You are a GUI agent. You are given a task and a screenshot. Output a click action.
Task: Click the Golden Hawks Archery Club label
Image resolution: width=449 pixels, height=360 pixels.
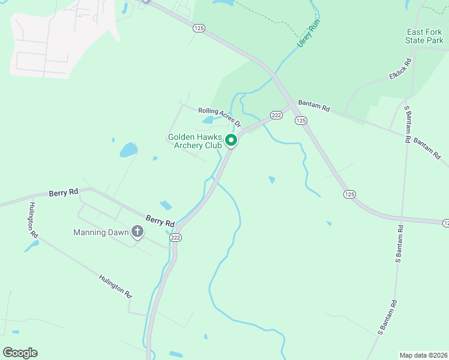(195, 141)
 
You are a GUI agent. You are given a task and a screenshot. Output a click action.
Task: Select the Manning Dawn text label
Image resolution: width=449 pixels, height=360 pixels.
(101, 232)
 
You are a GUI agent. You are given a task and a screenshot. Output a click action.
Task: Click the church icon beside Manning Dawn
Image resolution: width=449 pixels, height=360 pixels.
(137, 231)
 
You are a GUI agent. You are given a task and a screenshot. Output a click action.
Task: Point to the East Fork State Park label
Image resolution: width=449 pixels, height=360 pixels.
(424, 36)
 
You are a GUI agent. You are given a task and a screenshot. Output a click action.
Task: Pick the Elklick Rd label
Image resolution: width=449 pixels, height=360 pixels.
(400, 69)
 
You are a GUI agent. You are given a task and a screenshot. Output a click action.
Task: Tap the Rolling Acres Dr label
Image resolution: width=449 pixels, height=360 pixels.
(219, 116)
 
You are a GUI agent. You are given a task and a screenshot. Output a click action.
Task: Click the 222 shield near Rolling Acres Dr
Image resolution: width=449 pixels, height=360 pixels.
(276, 115)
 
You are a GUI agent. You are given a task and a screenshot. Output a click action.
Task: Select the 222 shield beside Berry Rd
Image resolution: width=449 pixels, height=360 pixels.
(175, 238)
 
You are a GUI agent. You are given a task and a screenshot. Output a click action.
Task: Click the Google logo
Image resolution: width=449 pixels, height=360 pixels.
(20, 353)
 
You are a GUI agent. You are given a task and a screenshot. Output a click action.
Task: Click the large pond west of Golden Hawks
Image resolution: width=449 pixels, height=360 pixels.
(128, 149)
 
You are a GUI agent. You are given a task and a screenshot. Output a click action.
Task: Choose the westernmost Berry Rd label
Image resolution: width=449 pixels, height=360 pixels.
(65, 192)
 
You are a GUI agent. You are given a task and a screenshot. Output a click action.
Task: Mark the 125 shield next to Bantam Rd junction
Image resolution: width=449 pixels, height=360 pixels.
(301, 121)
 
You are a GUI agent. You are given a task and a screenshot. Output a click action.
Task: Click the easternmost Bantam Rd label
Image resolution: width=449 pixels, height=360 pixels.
(427, 146)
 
